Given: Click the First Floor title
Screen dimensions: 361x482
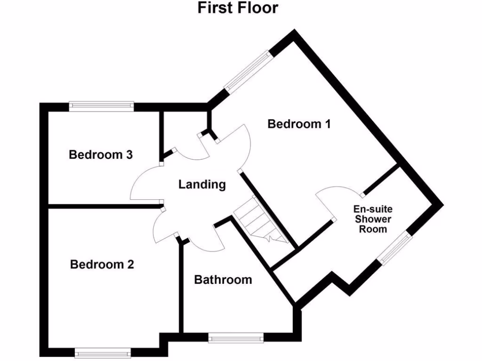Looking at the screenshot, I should (238, 8).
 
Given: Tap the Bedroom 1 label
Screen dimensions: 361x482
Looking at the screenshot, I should (299, 124).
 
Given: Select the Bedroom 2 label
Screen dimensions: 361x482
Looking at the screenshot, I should (102, 265).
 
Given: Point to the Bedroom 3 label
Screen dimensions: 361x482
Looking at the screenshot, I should (101, 155).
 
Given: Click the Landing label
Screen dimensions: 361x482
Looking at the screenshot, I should (202, 185).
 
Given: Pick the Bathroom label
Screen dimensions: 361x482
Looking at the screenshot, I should (223, 280).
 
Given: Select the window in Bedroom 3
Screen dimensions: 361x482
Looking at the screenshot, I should (102, 106).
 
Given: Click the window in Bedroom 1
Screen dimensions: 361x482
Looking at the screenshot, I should (248, 71).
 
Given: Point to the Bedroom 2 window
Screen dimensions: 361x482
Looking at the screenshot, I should (103, 353).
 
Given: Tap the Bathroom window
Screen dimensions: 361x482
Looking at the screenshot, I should (236, 337).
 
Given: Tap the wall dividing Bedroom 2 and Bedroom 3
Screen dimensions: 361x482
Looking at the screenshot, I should (104, 206).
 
